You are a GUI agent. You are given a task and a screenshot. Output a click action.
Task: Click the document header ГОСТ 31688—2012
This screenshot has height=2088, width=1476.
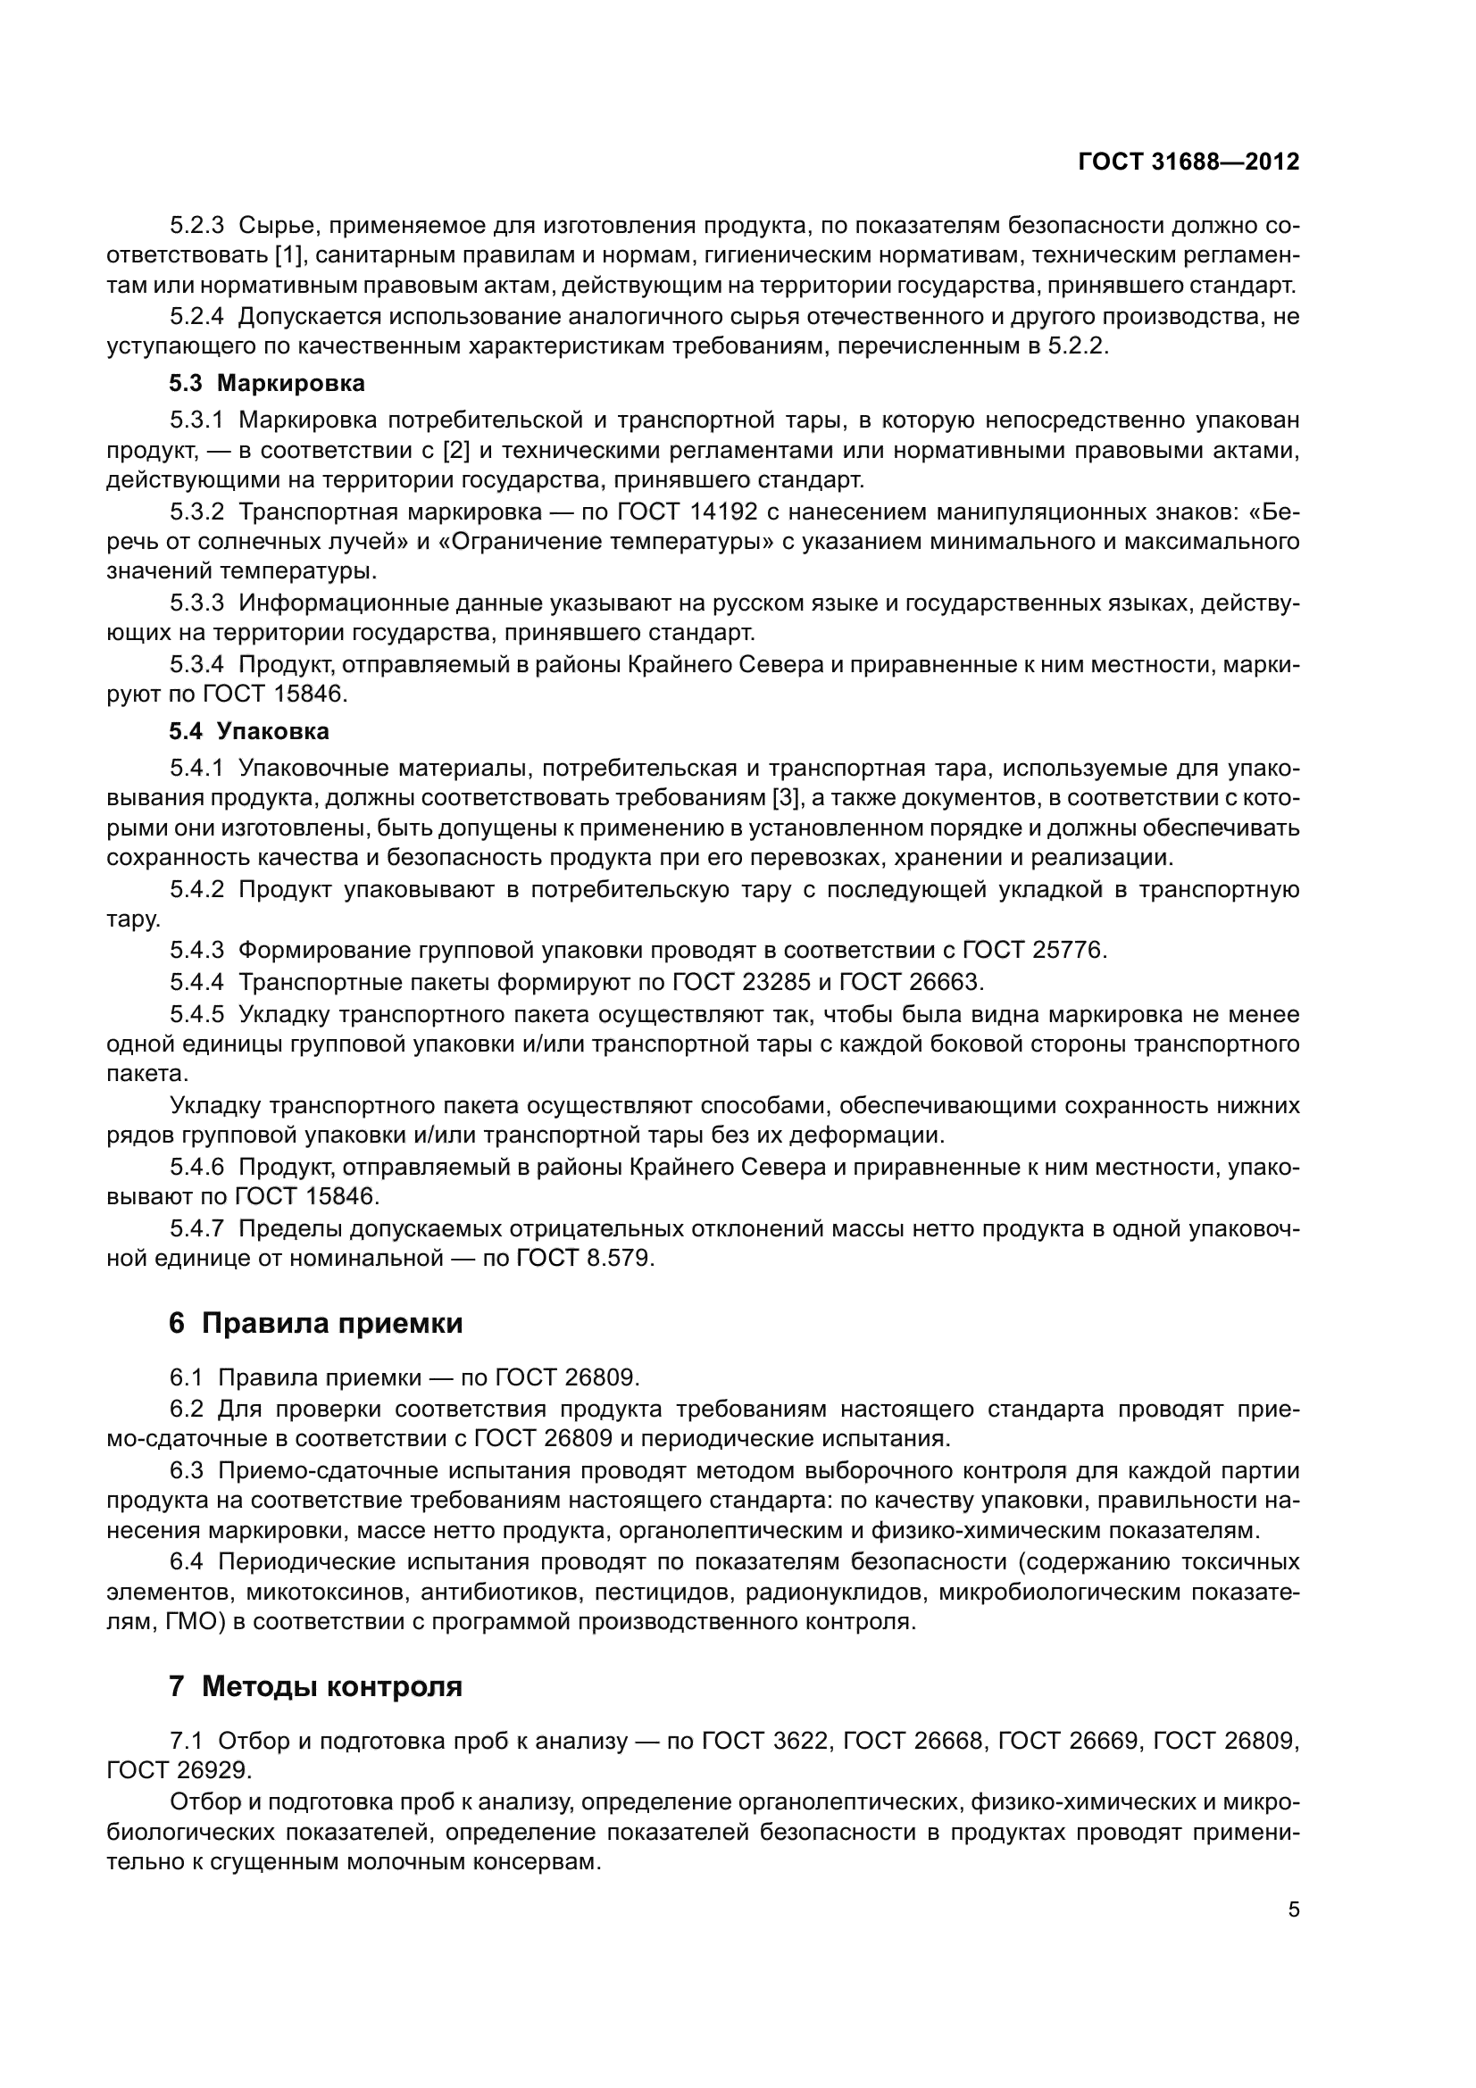point(1188,162)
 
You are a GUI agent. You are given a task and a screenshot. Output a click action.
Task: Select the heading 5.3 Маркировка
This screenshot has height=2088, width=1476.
point(266,383)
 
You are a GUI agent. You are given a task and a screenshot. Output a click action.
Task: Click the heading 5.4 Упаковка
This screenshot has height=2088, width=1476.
point(249,731)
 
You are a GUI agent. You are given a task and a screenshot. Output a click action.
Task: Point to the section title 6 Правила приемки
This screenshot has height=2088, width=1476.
point(315,1323)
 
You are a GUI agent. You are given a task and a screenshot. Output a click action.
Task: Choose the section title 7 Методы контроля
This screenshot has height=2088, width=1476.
point(315,1686)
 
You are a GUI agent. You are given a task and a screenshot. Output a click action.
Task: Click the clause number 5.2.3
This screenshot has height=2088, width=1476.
point(196,226)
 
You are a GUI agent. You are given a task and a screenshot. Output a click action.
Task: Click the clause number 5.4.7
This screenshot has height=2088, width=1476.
point(196,1228)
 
